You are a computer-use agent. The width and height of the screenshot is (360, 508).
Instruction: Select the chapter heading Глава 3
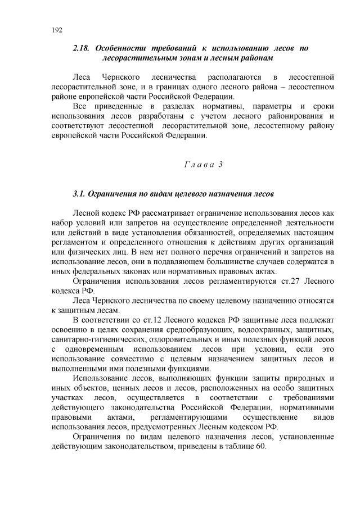[204, 164]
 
